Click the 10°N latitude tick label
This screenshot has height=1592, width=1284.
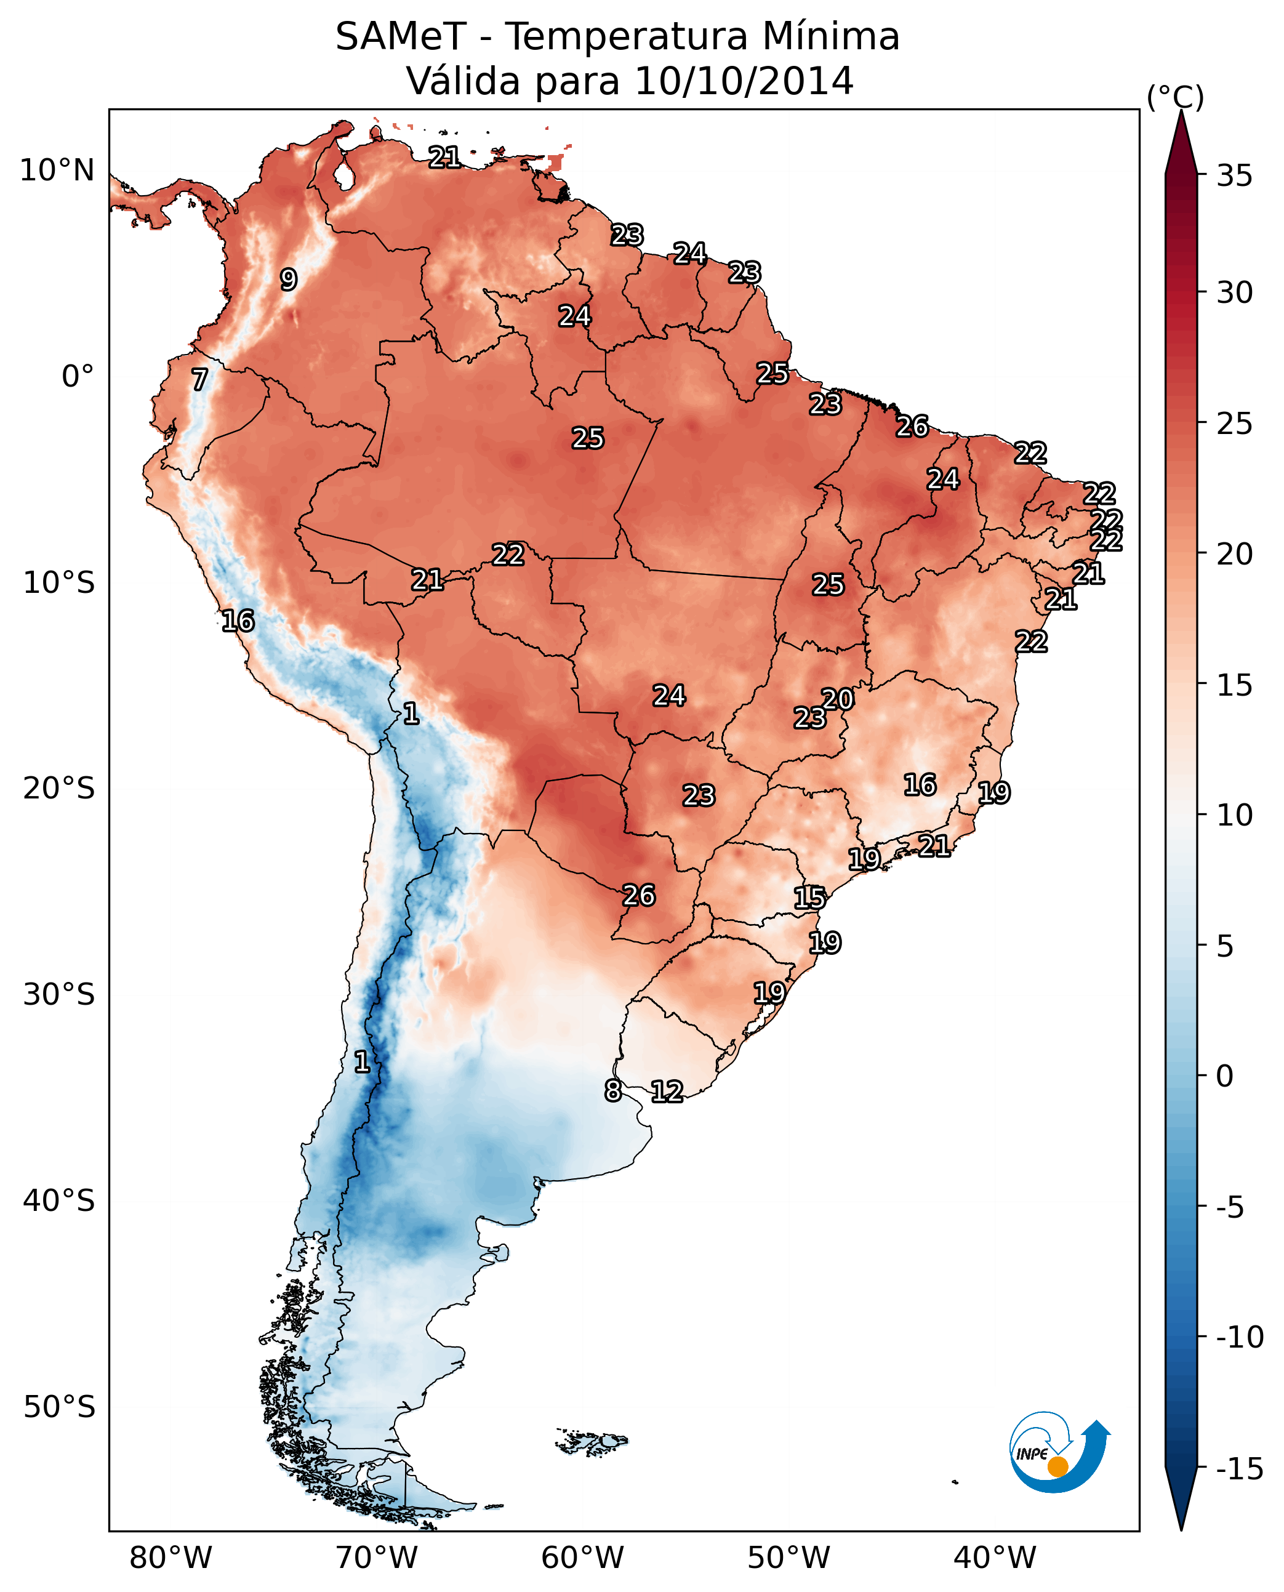(57, 171)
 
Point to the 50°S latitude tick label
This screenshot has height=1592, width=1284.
(59, 1406)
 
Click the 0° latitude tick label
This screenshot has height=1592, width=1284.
(78, 377)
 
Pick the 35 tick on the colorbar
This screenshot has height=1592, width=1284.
(1234, 176)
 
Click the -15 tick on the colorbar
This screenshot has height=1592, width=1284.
(1239, 1469)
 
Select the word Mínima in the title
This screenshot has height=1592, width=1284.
(830, 37)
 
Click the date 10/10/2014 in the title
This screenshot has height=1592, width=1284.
(744, 81)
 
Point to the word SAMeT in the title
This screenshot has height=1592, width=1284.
(401, 37)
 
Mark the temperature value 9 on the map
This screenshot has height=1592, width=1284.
(289, 279)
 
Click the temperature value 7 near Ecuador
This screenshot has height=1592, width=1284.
(199, 379)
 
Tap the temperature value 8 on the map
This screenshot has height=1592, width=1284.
(612, 1090)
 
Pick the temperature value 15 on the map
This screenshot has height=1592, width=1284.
(810, 898)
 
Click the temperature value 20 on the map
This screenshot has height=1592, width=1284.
(838, 699)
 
